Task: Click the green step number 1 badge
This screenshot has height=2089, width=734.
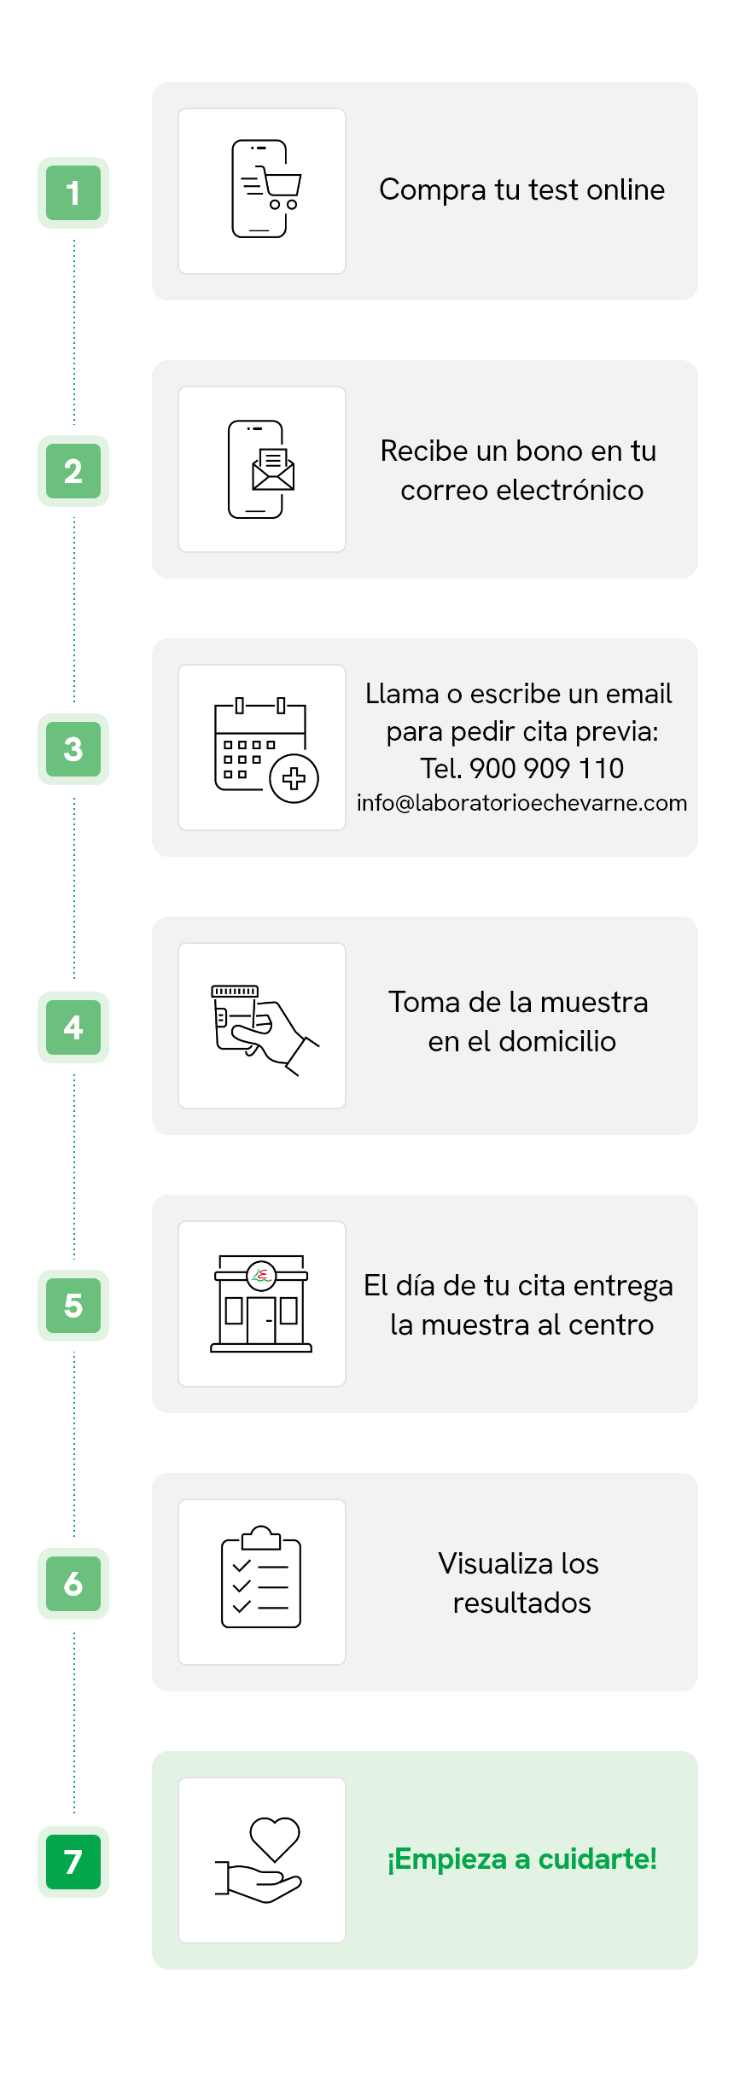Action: tap(73, 193)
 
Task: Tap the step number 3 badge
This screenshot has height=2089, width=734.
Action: tap(73, 749)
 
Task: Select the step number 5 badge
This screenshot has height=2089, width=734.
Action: tap(73, 1306)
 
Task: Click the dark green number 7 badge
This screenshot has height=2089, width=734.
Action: tap(73, 1862)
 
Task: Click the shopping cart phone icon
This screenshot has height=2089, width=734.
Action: tap(265, 189)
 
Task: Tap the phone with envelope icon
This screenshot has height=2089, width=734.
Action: tap(261, 469)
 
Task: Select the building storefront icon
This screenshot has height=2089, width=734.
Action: tap(261, 1304)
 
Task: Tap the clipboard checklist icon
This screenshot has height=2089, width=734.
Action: tap(261, 1577)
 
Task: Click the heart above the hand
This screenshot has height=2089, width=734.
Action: tap(275, 1839)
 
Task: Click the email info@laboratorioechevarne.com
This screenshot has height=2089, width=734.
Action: tap(521, 804)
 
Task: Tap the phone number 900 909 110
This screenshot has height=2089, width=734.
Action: tap(546, 768)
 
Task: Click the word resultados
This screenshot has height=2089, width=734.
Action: tap(521, 1603)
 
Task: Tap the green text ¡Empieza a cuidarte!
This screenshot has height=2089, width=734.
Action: tap(521, 1859)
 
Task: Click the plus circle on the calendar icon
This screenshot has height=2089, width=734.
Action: tap(294, 778)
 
